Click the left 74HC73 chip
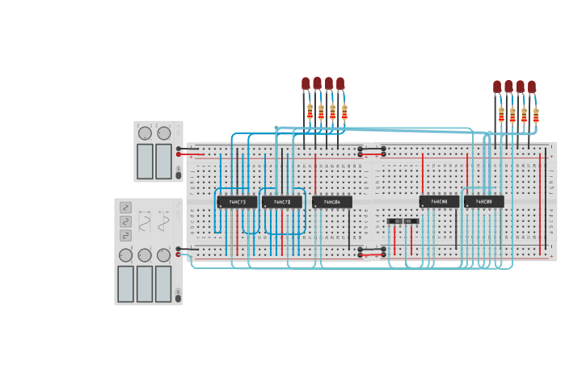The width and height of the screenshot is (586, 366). (237, 202)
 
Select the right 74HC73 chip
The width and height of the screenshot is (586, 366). (281, 202)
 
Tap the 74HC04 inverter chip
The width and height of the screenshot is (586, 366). (332, 202)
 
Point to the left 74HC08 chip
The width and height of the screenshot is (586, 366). (439, 202)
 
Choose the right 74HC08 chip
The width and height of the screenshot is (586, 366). (483, 202)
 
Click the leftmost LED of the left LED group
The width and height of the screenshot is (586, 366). (306, 83)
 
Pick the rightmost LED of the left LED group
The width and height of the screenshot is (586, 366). (340, 83)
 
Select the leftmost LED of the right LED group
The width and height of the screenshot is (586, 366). (497, 86)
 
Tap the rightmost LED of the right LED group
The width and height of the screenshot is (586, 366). (532, 86)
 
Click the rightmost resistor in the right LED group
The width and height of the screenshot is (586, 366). (536, 116)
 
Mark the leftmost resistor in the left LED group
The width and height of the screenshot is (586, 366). (310, 111)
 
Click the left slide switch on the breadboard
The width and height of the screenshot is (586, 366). (394, 221)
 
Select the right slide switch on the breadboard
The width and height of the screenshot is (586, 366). (411, 221)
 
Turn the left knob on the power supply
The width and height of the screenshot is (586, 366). (145, 133)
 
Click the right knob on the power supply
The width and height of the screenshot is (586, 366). (164, 133)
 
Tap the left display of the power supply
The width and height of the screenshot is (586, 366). (145, 161)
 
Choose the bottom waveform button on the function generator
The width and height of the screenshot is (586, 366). (125, 236)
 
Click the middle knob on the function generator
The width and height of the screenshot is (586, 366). (145, 255)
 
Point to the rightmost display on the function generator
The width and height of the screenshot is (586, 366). (163, 284)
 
